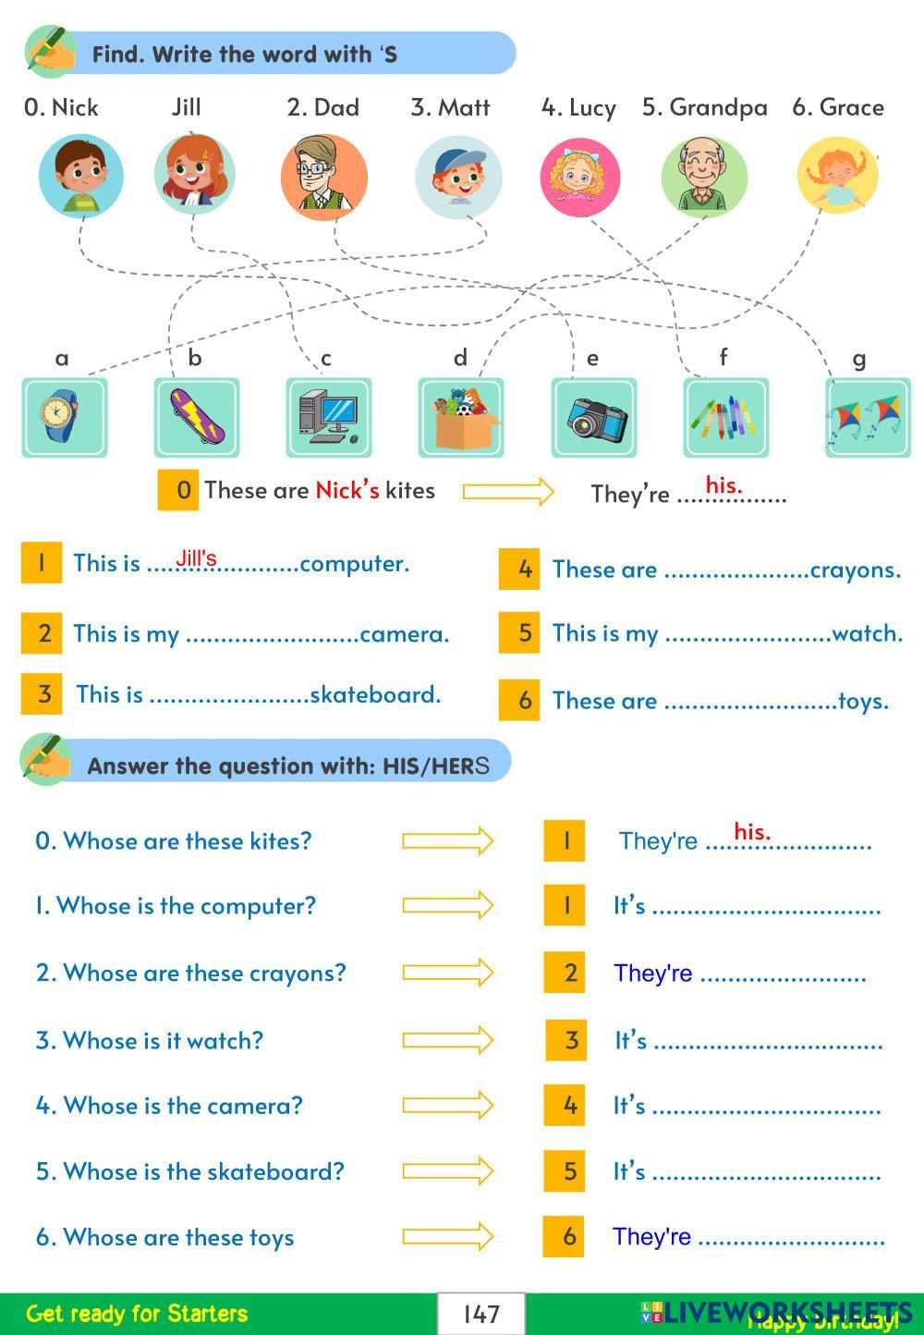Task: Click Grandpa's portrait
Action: click(x=704, y=176)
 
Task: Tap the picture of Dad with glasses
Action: click(x=323, y=177)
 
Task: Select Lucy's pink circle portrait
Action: click(x=579, y=177)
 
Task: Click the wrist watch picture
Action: click(x=64, y=418)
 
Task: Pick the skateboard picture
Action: click(x=196, y=418)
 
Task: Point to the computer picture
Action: click(x=329, y=418)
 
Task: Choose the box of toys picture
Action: click(x=461, y=418)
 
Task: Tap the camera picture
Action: click(x=594, y=418)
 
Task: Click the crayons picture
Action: click(x=725, y=418)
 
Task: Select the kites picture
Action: click(x=867, y=418)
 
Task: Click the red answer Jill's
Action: click(x=197, y=558)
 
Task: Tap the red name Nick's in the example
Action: click(x=346, y=490)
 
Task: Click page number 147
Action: click(x=481, y=1314)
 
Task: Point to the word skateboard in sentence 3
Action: click(x=375, y=694)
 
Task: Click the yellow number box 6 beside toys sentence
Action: click(x=518, y=700)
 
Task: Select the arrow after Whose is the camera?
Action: click(x=447, y=1105)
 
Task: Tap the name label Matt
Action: click(x=450, y=107)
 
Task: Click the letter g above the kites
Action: click(x=859, y=359)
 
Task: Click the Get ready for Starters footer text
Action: click(x=137, y=1314)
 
